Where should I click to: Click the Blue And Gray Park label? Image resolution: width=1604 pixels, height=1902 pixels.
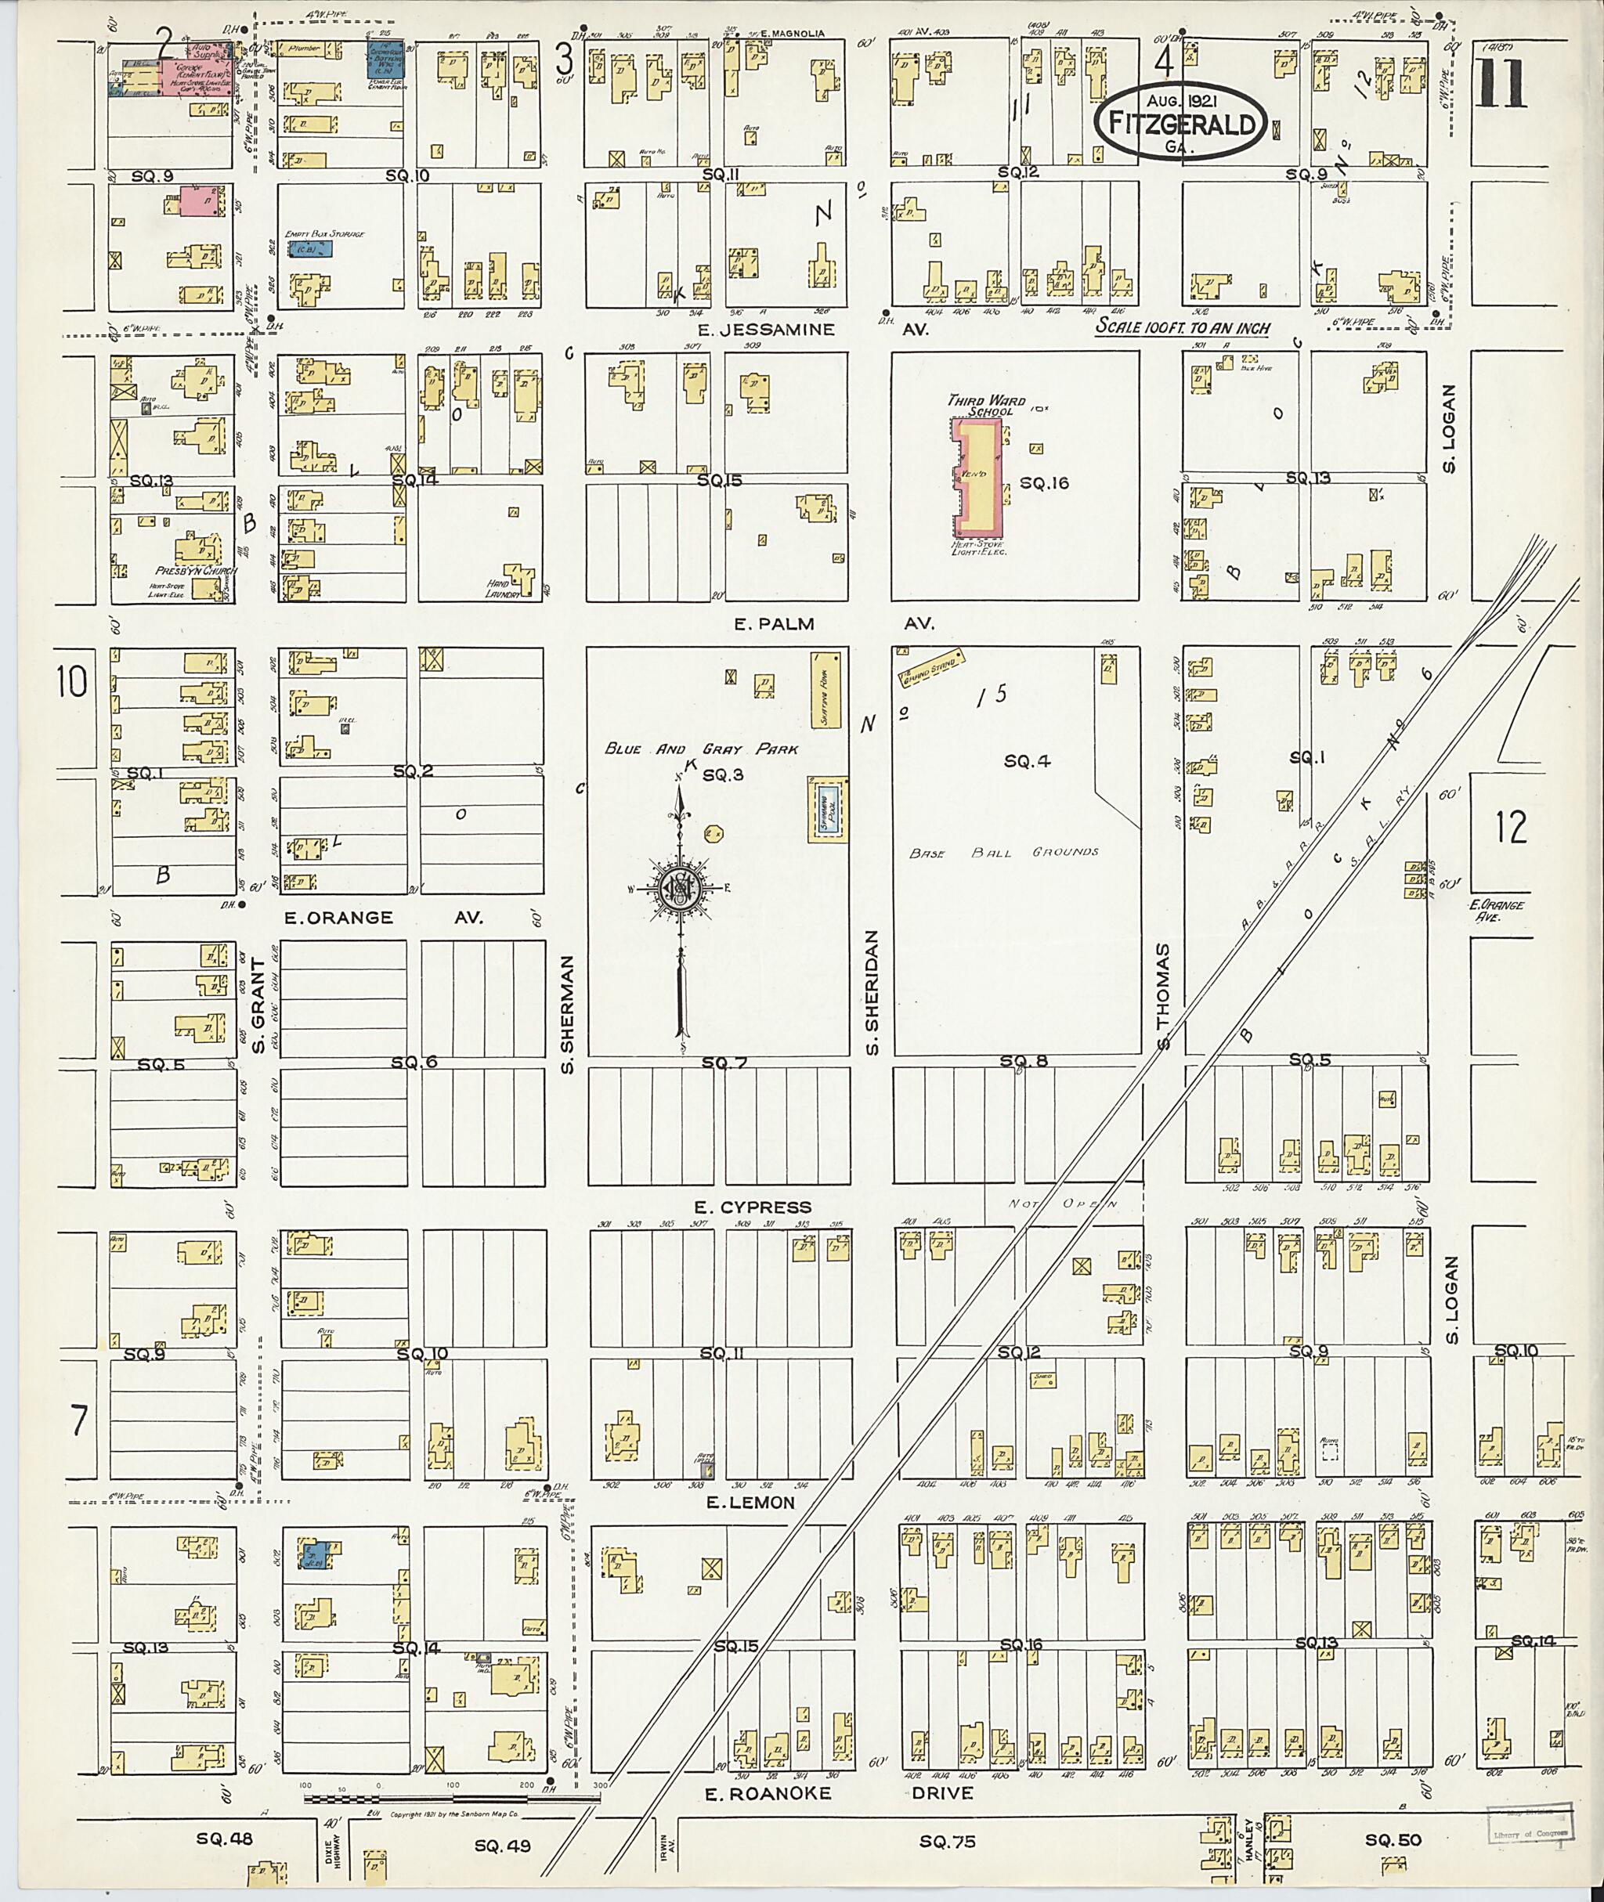701,749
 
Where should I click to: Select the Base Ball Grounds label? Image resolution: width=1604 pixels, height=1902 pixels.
1004,852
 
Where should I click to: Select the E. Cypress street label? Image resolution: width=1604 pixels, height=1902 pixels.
752,1207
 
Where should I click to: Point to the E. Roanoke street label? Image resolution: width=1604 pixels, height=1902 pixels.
768,1793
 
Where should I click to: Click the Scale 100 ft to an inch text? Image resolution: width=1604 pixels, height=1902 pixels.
1182,328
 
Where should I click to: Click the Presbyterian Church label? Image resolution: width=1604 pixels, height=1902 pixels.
196,571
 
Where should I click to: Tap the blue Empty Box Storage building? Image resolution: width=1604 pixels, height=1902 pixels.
309,247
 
